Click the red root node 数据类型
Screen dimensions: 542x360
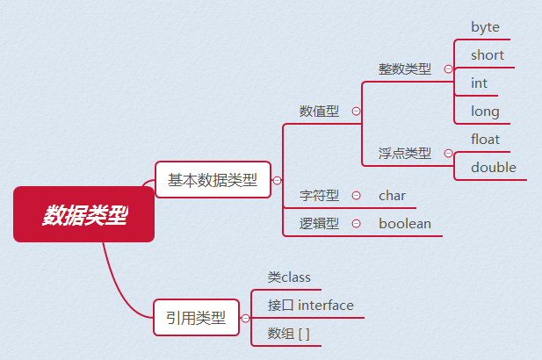[x=84, y=214]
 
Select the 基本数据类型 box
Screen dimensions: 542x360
[x=213, y=180]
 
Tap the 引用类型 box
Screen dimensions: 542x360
[x=197, y=318]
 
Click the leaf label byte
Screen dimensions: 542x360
[x=485, y=27]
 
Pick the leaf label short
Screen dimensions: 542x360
[x=488, y=55]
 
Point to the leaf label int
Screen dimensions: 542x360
[x=479, y=83]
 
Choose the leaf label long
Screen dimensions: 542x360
[x=485, y=112]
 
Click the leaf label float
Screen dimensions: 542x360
[x=485, y=140]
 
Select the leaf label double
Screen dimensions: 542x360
[x=494, y=168]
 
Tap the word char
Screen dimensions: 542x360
[x=392, y=196]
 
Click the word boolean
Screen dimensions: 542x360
[x=405, y=224]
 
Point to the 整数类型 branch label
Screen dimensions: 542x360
[x=405, y=69]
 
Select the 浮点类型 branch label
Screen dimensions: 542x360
[x=405, y=154]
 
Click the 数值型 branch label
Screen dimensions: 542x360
[x=319, y=112]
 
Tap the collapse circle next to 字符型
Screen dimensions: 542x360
[x=356, y=196]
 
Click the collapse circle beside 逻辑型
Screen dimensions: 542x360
[x=356, y=224]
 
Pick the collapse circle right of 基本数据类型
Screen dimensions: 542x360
[x=277, y=180]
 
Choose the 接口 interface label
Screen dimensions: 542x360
[x=310, y=306]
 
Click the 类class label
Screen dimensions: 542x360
[x=289, y=277]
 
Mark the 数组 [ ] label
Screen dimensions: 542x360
[x=288, y=334]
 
